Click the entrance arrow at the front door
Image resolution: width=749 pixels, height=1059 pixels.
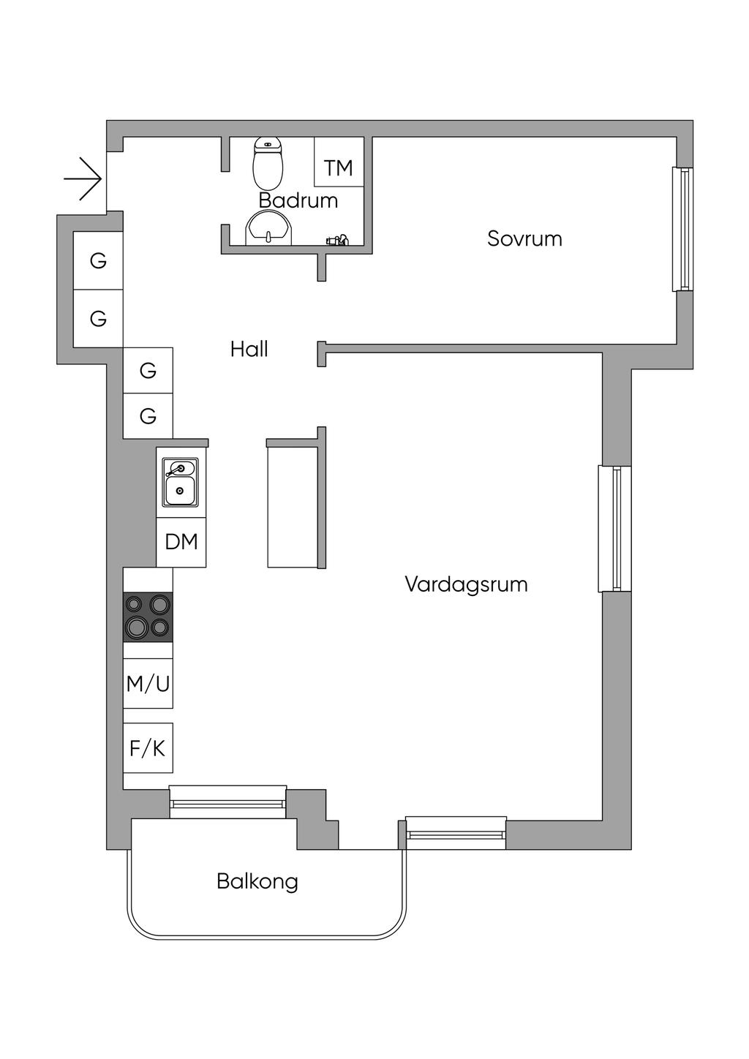pyautogui.click(x=83, y=178)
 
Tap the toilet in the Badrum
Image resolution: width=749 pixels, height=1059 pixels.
pyautogui.click(x=268, y=164)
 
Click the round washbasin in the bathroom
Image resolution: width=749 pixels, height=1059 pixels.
pyautogui.click(x=269, y=228)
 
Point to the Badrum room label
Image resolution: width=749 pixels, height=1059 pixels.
pyautogui.click(x=298, y=200)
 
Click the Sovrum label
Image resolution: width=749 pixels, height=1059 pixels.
pyautogui.click(x=524, y=238)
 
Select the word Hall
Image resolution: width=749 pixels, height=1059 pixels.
pyautogui.click(x=249, y=349)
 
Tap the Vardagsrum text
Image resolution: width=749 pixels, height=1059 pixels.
pyautogui.click(x=466, y=584)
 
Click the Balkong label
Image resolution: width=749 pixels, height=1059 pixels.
pyautogui.click(x=257, y=881)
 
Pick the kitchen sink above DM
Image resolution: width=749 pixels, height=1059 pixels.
pyautogui.click(x=179, y=483)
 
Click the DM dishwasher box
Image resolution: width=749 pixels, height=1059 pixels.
pyautogui.click(x=181, y=542)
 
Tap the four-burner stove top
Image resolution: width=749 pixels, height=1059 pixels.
pyautogui.click(x=148, y=616)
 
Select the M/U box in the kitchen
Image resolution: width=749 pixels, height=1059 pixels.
pyautogui.click(x=148, y=684)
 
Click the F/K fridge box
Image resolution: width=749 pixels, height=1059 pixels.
pyautogui.click(x=148, y=748)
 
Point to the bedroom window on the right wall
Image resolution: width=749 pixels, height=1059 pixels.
pyautogui.click(x=682, y=230)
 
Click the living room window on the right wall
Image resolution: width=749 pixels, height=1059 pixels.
pyautogui.click(x=615, y=528)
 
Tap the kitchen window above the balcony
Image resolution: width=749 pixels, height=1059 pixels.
pyautogui.click(x=227, y=801)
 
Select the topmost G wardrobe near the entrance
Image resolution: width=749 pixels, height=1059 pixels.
pyautogui.click(x=98, y=260)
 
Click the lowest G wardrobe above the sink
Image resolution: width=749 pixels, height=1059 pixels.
pyautogui.click(x=148, y=416)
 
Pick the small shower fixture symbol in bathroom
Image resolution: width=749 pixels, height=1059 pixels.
pyautogui.click(x=337, y=239)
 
